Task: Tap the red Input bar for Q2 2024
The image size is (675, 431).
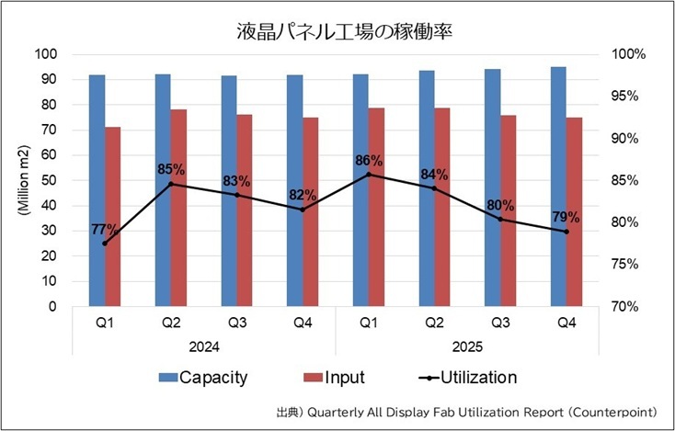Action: [x=178, y=208]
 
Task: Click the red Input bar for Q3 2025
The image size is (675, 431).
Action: [x=509, y=210]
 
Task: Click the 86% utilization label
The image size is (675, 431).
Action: [x=369, y=160]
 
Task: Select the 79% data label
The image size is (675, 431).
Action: [x=566, y=218]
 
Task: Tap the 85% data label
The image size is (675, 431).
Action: [x=171, y=169]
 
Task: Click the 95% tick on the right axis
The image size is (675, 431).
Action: [x=631, y=96]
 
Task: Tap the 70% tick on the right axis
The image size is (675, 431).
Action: [x=631, y=306]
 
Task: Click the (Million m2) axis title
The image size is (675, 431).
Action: [x=21, y=180]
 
